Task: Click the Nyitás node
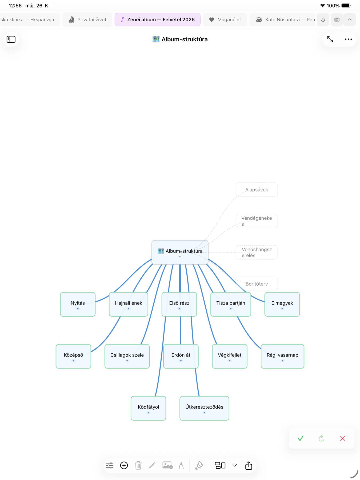(78, 304)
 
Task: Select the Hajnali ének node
(129, 304)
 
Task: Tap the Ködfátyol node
(148, 408)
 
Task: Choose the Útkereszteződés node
(204, 408)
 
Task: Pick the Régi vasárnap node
(282, 356)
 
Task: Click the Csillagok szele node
(127, 356)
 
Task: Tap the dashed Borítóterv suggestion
(257, 284)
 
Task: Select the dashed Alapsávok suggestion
(257, 190)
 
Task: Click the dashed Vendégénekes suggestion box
(257, 221)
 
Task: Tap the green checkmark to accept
(301, 438)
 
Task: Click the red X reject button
(343, 438)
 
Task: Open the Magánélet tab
(225, 19)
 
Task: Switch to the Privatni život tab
(87, 19)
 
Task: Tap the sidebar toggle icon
(11, 39)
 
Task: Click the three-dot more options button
(348, 39)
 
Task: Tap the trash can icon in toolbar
(138, 465)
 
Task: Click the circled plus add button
(124, 465)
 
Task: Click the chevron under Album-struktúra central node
(180, 257)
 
